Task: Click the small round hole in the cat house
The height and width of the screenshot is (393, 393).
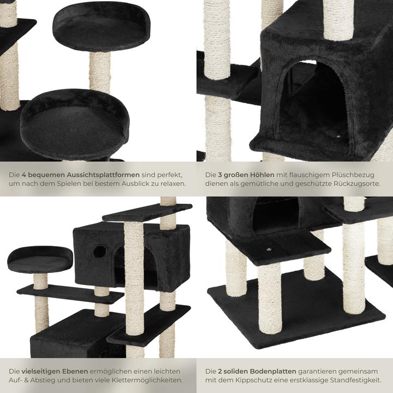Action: (99, 252)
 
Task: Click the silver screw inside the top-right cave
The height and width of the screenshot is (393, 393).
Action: (338, 133)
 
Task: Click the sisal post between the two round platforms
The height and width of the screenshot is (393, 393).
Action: (100, 71)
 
